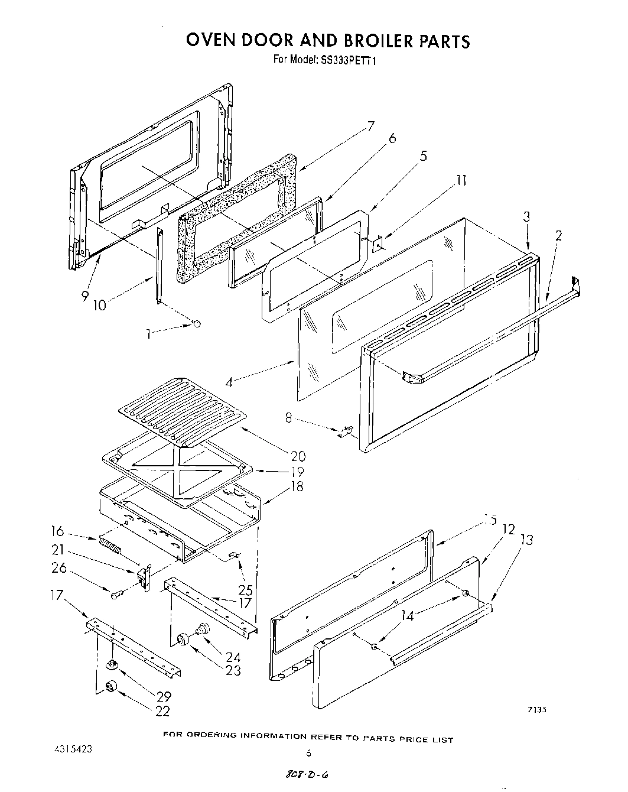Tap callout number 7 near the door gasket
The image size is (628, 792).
[x=370, y=126]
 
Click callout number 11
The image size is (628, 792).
[x=462, y=180]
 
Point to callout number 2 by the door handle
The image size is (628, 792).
[x=558, y=235]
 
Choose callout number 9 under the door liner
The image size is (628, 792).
[x=85, y=295]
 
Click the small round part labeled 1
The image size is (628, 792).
[x=197, y=323]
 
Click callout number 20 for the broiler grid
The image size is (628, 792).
[x=298, y=456]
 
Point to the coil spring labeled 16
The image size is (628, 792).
[x=110, y=544]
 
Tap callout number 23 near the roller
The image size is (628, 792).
[x=233, y=671]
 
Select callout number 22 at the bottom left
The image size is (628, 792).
[x=162, y=712]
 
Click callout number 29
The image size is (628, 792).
[x=164, y=697]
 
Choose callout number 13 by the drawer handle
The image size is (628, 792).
[x=527, y=539]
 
